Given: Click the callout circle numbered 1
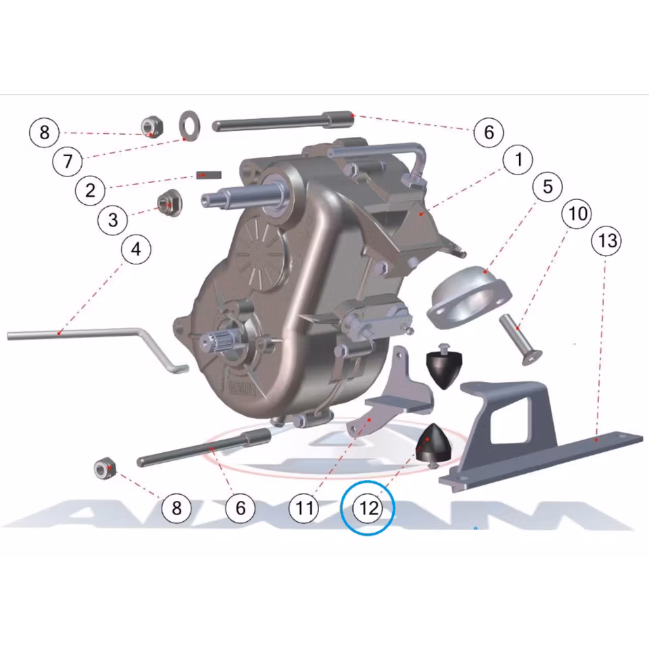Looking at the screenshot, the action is click(x=519, y=160).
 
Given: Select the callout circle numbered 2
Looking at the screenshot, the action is click(x=90, y=191).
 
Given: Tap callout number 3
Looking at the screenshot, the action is click(x=113, y=220).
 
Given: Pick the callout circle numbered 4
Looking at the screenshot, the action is click(x=136, y=249).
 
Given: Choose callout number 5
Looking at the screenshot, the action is click(x=548, y=187).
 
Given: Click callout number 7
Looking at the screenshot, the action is click(x=68, y=161).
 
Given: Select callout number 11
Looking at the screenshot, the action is click(x=304, y=508).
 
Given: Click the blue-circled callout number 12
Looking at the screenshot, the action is click(x=368, y=508).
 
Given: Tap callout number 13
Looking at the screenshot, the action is click(x=607, y=241).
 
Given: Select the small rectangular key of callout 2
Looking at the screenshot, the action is click(x=209, y=175).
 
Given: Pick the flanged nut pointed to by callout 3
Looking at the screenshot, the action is click(x=170, y=202).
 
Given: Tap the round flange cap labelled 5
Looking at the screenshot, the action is click(x=470, y=296).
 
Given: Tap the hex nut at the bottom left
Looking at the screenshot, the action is click(x=105, y=468).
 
